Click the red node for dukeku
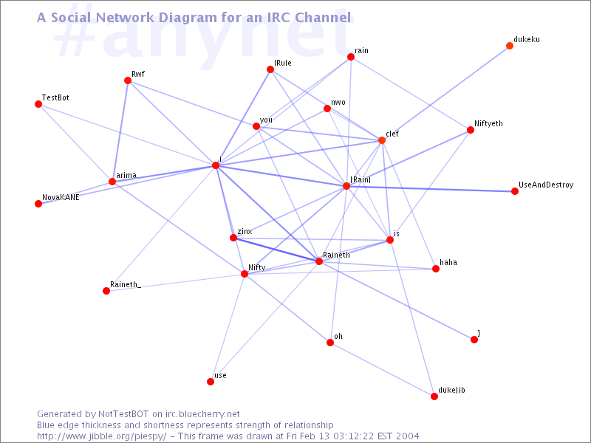click(x=510, y=46)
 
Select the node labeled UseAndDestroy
click(x=515, y=191)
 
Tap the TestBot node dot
click(x=38, y=104)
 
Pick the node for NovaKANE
click(x=38, y=204)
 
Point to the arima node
click(x=112, y=182)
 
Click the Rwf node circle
click(x=128, y=80)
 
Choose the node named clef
click(x=382, y=140)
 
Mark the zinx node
click(x=233, y=238)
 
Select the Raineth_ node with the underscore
click(x=106, y=291)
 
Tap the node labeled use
click(x=211, y=382)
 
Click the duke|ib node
click(x=434, y=396)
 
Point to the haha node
click(x=436, y=269)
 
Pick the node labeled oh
click(x=330, y=343)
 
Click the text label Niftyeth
click(x=488, y=124)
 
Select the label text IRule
click(x=283, y=63)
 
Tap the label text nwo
click(x=338, y=103)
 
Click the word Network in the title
click(x=125, y=17)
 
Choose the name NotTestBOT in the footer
click(x=123, y=414)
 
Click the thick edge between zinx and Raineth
click(x=276, y=250)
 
